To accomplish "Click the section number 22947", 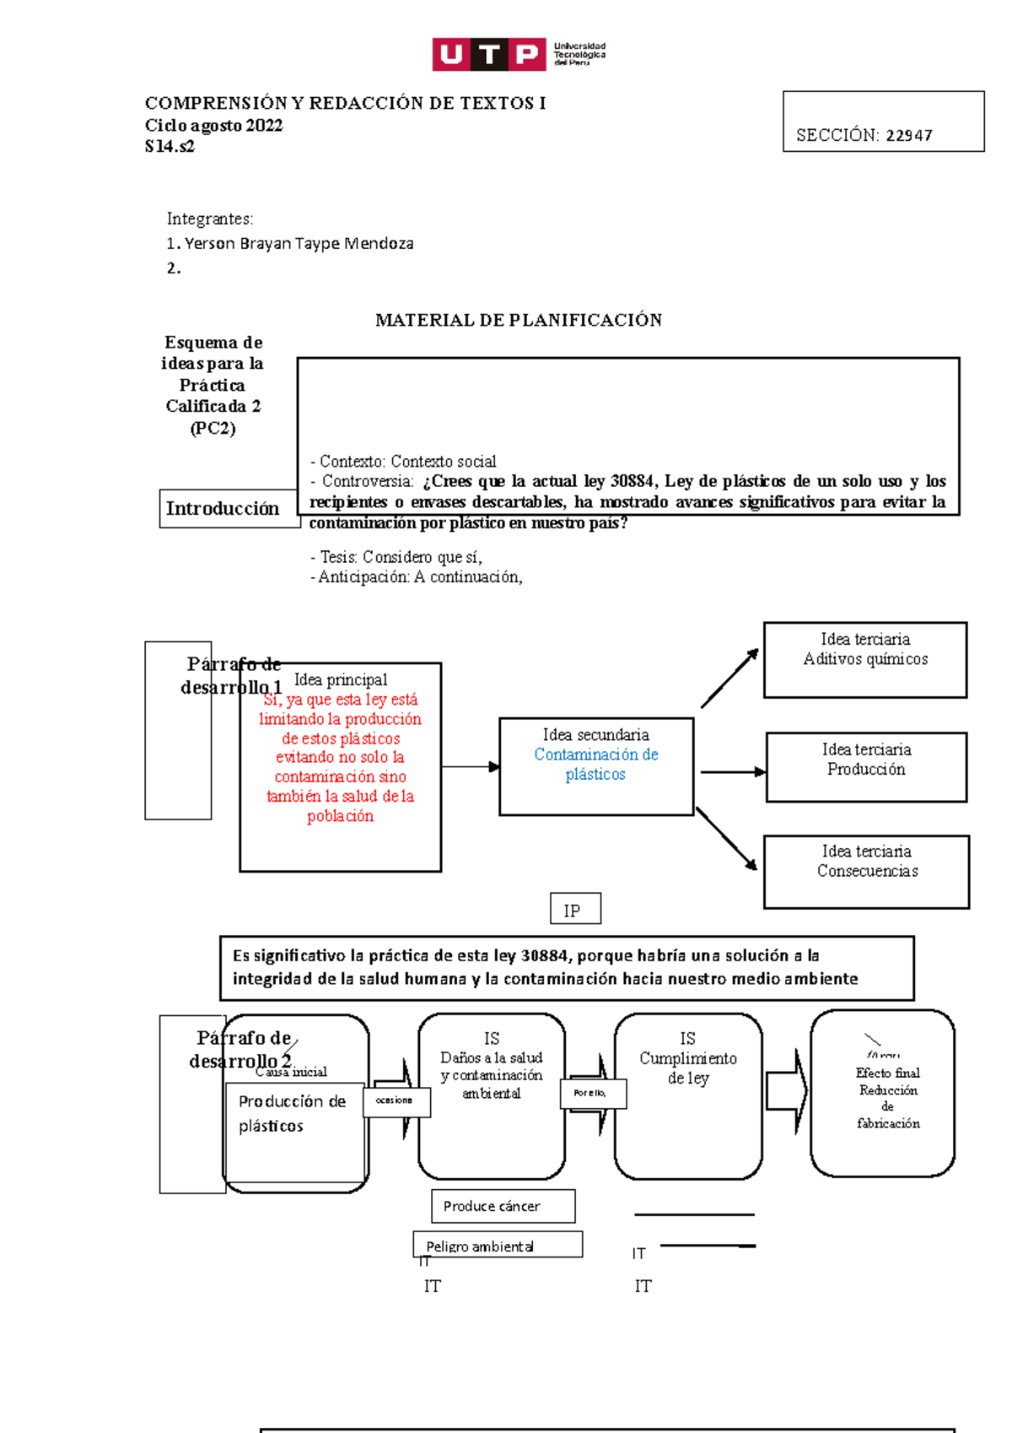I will pos(908,136).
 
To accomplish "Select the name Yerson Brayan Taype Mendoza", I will pos(299,244).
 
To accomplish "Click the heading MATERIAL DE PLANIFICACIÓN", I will pos(518,320).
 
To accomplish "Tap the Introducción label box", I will pos(223,509).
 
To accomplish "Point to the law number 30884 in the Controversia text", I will pos(632,482).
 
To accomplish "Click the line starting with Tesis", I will pos(396,557).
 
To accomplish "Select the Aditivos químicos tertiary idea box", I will pos(864,660).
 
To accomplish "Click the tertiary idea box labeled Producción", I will pos(866,767).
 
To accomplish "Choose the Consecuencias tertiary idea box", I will pos(866,871).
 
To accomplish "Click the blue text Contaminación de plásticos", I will pos(595,765).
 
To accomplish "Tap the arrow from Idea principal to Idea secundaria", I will pos(470,767).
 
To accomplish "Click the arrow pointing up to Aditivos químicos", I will pos(729,678).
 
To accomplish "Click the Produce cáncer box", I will pos(503,1206).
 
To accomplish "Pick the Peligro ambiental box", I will pos(497,1245).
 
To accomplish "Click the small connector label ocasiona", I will pos(396,1101).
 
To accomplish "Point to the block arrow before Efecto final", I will pos(786,1091).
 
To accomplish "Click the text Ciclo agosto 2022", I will pos(213,126).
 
